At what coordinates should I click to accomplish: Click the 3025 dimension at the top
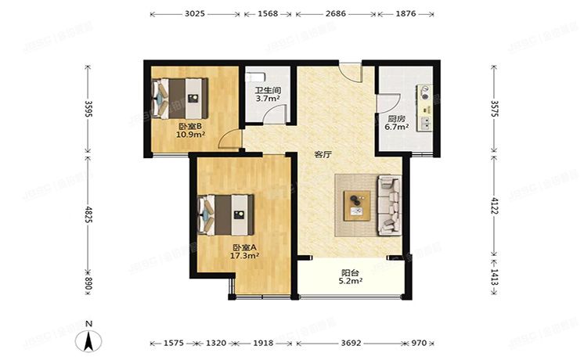[195, 14]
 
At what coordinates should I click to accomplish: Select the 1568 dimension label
[267, 14]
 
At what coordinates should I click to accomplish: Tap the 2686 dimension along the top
[335, 14]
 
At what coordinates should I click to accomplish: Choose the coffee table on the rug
[359, 203]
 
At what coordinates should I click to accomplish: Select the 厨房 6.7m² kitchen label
[397, 122]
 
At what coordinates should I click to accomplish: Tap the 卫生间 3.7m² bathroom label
[267, 95]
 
